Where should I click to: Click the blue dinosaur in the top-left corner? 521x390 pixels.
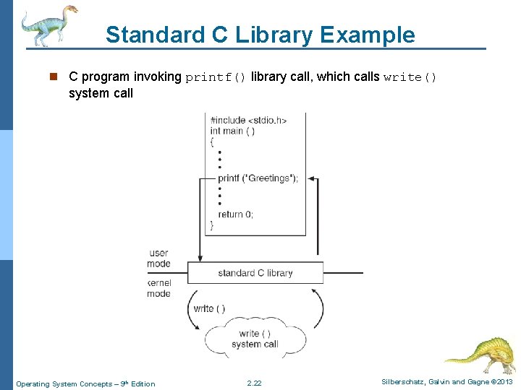click(x=47, y=25)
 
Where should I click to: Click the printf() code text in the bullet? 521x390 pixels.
click(x=216, y=77)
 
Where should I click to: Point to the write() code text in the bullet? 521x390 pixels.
click(x=410, y=77)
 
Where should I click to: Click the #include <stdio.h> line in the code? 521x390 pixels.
click(x=247, y=120)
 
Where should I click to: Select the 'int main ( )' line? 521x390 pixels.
click(x=232, y=131)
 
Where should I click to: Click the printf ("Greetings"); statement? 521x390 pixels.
click(x=258, y=178)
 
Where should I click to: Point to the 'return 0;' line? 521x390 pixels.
click(x=235, y=214)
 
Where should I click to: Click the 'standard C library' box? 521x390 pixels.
click(x=255, y=273)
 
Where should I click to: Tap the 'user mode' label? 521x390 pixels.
click(x=159, y=258)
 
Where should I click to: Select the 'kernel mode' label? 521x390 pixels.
click(x=158, y=289)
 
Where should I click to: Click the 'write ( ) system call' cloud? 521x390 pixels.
click(x=255, y=339)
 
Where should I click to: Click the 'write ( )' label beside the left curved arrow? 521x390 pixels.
click(x=209, y=308)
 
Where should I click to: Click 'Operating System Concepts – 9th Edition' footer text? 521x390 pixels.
click(x=85, y=383)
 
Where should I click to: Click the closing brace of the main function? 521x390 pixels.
click(x=211, y=225)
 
